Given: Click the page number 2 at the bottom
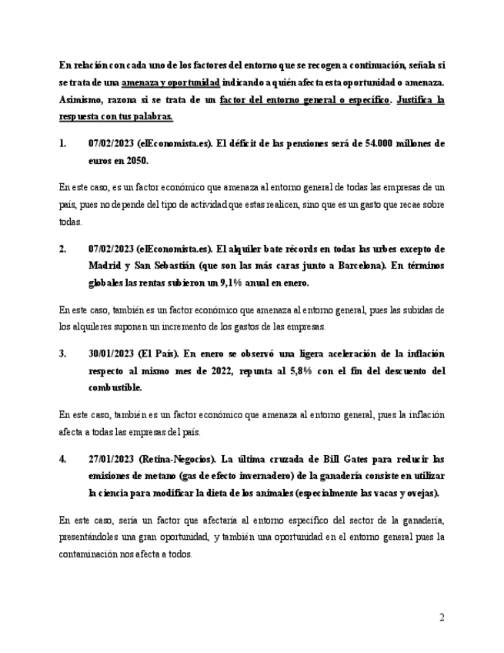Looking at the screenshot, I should (442, 618).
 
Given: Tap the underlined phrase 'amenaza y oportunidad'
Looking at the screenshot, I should (171, 82).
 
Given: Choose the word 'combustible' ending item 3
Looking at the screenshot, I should (116, 388).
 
